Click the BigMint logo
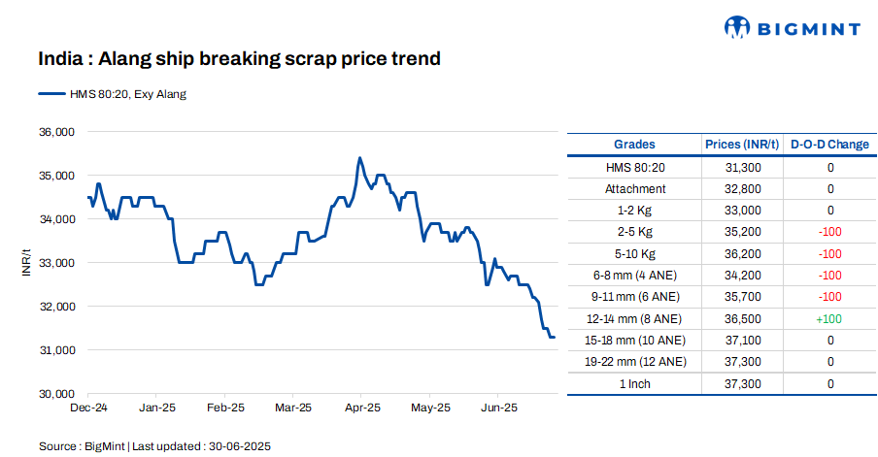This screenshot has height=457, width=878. tap(793, 28)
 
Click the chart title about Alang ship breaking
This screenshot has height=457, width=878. tap(239, 59)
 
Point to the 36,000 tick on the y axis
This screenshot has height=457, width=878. tap(56, 132)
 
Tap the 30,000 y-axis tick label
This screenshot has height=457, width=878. tap(56, 394)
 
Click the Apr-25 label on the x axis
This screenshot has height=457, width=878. tap(361, 408)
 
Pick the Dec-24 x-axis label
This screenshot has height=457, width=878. tap(88, 408)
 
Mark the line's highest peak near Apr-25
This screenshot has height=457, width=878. tap(360, 157)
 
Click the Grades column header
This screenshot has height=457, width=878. tap(635, 145)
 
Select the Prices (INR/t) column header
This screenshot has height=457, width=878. tap(742, 145)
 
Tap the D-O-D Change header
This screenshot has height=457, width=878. tap(829, 145)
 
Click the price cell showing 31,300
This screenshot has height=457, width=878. tap(742, 168)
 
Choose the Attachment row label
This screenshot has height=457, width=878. tap(635, 189)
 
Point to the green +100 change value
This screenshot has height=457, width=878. tap(829, 318)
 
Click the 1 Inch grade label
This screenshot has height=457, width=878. tap(635, 384)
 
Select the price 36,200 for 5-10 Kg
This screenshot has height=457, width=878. tap(742, 254)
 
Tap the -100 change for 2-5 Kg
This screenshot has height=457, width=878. tap(829, 233)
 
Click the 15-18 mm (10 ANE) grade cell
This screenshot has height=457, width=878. tap(635, 341)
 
